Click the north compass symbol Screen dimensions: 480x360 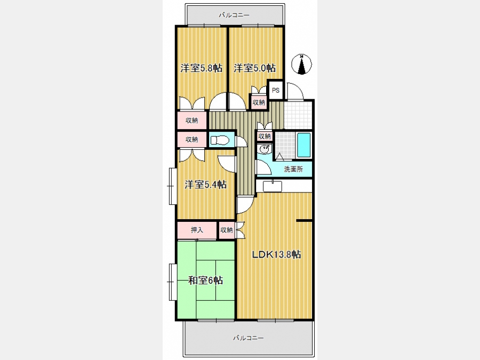pyautogui.click(x=301, y=65)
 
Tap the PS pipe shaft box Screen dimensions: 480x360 pyautogui.click(x=276, y=90)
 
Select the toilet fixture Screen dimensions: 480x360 pyautogui.click(x=220, y=140)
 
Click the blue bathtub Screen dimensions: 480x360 pyautogui.click(x=303, y=145)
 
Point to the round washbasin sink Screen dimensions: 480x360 pyautogui.click(x=264, y=149)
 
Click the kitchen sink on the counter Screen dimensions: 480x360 pyautogui.click(x=273, y=186)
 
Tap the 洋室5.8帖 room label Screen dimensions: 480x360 pyautogui.click(x=201, y=68)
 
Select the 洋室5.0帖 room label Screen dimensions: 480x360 pyautogui.click(x=254, y=68)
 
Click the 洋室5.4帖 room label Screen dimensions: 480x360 pyautogui.click(x=205, y=185)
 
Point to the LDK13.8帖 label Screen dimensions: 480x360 pyautogui.click(x=276, y=254)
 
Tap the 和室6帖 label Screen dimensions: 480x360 pyautogui.click(x=205, y=280)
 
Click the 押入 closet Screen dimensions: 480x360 pyautogui.click(x=197, y=230)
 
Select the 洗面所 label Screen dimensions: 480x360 pyautogui.click(x=293, y=169)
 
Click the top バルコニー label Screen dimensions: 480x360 pyautogui.click(x=234, y=15)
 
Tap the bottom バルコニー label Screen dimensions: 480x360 pyautogui.click(x=248, y=338)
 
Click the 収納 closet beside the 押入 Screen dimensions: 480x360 pyautogui.click(x=227, y=230)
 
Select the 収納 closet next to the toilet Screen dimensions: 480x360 pyautogui.click(x=192, y=140)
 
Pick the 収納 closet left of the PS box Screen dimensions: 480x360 pyautogui.click(x=259, y=102)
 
